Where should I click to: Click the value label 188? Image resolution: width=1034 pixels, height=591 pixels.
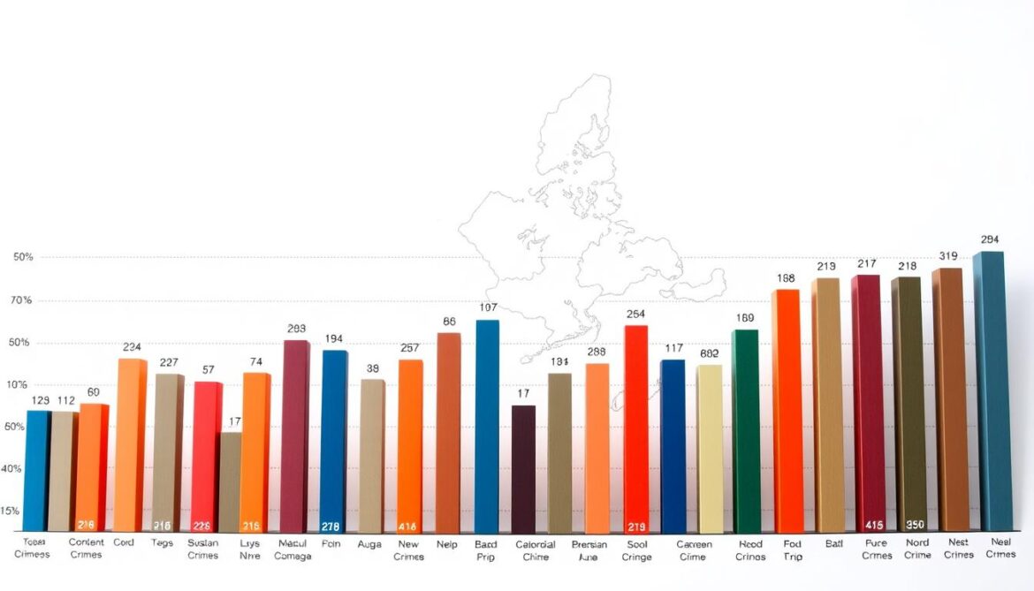[x=787, y=277]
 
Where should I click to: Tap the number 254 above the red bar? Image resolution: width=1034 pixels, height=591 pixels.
[x=635, y=314]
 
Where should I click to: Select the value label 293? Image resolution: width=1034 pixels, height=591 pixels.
[x=296, y=329]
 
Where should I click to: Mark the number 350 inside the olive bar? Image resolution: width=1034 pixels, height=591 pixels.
[x=915, y=525]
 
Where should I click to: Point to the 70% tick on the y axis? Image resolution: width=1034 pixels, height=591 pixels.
[x=22, y=300]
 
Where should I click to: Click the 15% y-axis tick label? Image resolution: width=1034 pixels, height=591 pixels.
[x=10, y=511]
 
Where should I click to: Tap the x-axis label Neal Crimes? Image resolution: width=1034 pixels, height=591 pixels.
[x=1000, y=549]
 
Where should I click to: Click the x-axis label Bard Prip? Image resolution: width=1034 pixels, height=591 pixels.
[x=486, y=549]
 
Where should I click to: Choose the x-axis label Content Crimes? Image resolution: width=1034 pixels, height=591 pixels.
[x=86, y=549]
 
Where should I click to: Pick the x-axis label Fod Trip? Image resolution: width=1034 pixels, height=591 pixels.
[x=792, y=550]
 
